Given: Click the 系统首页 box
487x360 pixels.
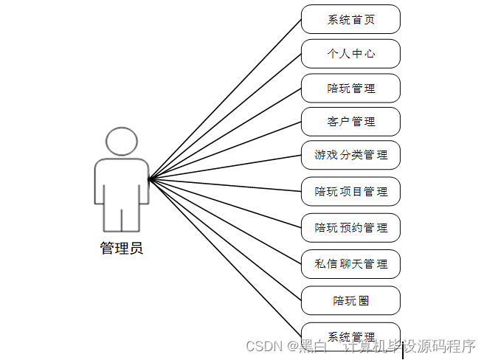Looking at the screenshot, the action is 350,19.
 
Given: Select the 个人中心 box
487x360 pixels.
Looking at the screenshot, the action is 350,54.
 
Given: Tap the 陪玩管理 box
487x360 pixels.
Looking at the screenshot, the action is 350,88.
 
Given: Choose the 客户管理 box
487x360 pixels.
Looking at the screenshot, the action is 350,122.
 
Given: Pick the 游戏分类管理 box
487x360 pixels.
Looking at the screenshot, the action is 350,156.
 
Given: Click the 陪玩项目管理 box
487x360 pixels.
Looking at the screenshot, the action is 350,192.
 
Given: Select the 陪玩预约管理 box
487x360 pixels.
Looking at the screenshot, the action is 350,228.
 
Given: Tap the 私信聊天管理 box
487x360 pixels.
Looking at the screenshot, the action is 350,263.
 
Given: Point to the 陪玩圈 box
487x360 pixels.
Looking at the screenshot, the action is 350,300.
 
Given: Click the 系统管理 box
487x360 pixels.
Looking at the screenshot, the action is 350,336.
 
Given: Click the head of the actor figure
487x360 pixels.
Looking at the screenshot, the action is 121,141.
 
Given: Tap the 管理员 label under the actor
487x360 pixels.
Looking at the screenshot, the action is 121,249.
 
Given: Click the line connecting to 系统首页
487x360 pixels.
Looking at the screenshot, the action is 225,99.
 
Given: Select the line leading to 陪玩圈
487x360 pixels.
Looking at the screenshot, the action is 225,239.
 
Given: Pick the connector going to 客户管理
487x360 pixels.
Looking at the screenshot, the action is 225,150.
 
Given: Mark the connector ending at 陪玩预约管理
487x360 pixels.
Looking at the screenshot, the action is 225,203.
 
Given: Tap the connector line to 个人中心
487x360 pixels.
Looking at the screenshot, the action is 225,116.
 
